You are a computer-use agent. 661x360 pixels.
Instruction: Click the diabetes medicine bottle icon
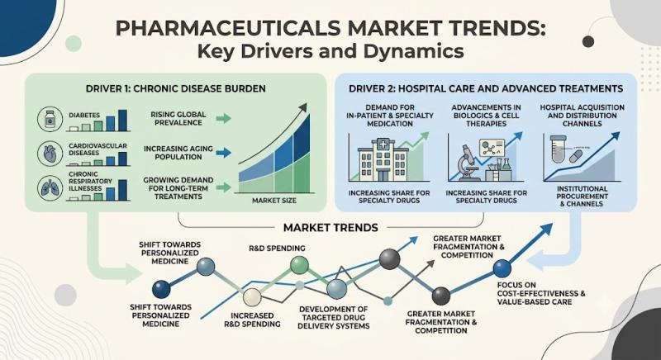(50, 119)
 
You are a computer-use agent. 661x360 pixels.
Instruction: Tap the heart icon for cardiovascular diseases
(50, 154)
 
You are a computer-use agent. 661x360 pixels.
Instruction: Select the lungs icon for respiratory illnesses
(50, 187)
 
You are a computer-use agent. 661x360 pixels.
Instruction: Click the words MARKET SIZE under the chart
(274, 201)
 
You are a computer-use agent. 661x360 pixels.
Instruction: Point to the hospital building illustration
(383, 159)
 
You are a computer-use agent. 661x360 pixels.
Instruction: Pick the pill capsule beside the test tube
(576, 157)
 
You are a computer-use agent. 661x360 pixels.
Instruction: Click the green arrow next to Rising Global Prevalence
(223, 118)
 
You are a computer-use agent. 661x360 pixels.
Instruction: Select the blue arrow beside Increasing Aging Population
(223, 153)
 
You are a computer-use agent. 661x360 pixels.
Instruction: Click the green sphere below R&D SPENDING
(300, 264)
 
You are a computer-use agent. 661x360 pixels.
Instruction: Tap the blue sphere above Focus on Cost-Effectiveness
(502, 268)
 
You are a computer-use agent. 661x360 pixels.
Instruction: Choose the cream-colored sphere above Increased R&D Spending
(252, 297)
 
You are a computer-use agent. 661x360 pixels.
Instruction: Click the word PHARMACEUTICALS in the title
(228, 29)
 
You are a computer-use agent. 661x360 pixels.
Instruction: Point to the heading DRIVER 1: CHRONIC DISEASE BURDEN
(176, 89)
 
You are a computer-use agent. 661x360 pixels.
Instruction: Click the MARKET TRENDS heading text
(330, 228)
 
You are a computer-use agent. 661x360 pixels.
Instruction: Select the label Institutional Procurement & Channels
(582, 197)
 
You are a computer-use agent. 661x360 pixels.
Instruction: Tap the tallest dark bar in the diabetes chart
(122, 121)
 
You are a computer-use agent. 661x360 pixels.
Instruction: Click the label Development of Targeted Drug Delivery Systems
(334, 317)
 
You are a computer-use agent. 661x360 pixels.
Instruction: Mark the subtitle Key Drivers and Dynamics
(330, 52)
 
